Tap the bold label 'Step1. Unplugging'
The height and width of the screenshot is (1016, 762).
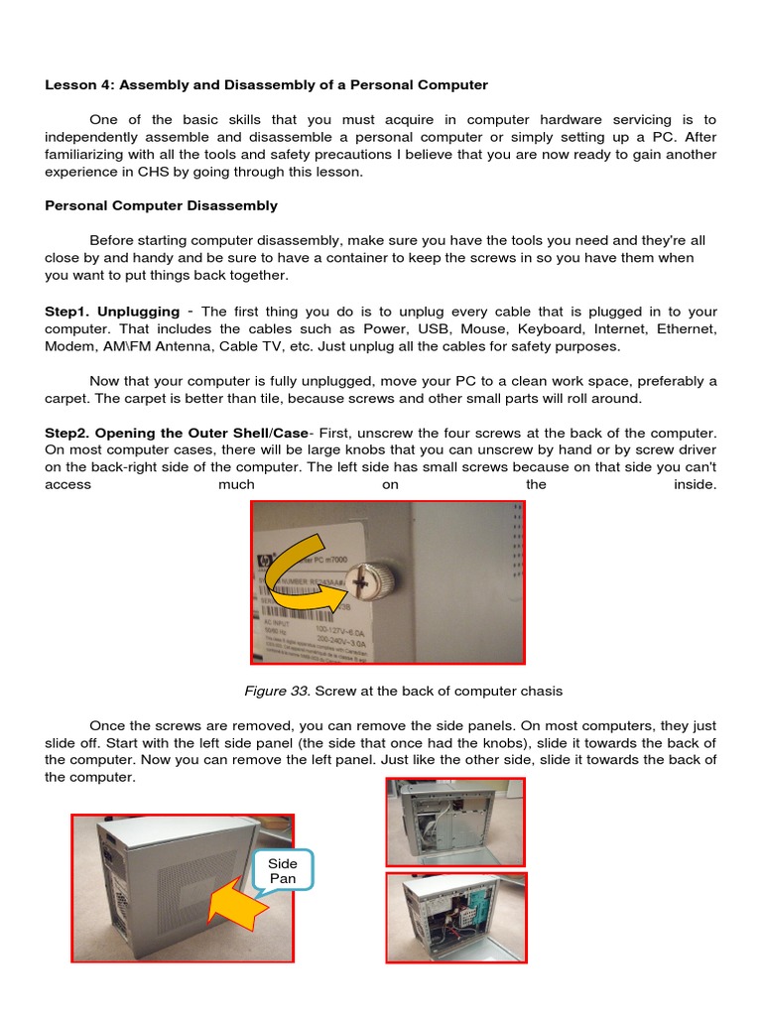(112, 312)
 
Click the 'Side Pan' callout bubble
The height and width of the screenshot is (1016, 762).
(283, 870)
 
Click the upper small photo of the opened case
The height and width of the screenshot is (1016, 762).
(455, 822)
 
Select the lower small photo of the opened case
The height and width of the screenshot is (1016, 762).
(455, 918)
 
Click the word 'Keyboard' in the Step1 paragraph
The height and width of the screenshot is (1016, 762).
(547, 328)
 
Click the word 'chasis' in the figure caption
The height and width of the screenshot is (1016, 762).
(542, 691)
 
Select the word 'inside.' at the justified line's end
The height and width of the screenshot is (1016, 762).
(695, 485)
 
